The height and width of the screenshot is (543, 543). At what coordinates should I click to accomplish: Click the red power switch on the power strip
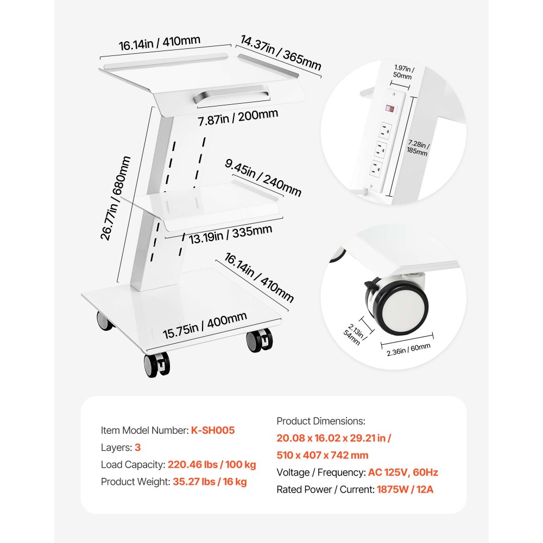(x=390, y=109)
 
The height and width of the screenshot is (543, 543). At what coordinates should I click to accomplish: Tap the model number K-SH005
(x=213, y=430)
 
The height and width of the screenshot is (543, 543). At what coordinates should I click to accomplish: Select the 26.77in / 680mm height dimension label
(x=116, y=198)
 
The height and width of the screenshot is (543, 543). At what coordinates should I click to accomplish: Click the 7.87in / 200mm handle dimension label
(x=238, y=117)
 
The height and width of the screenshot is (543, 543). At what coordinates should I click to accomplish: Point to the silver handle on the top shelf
(x=231, y=95)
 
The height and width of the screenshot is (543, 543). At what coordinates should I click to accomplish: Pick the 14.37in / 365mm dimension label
(x=281, y=53)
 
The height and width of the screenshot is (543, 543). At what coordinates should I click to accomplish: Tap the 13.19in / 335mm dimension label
(x=230, y=235)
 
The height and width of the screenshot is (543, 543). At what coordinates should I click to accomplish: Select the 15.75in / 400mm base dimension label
(x=205, y=325)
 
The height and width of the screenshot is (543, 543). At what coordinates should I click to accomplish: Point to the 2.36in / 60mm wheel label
(x=409, y=349)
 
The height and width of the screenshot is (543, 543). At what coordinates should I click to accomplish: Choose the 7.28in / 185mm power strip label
(x=418, y=147)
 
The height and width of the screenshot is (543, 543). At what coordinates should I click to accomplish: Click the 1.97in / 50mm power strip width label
(x=403, y=72)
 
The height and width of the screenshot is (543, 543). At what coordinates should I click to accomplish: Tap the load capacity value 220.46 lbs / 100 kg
(x=212, y=464)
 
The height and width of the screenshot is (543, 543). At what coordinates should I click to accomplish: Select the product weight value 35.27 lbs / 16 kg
(x=210, y=481)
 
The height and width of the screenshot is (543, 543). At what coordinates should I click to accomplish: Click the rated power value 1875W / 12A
(x=405, y=489)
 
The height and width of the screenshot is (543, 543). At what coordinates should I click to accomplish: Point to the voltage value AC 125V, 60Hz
(x=403, y=472)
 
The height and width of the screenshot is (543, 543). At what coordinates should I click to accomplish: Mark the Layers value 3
(x=137, y=447)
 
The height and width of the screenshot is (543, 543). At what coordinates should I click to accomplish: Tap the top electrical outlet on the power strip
(x=386, y=130)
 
